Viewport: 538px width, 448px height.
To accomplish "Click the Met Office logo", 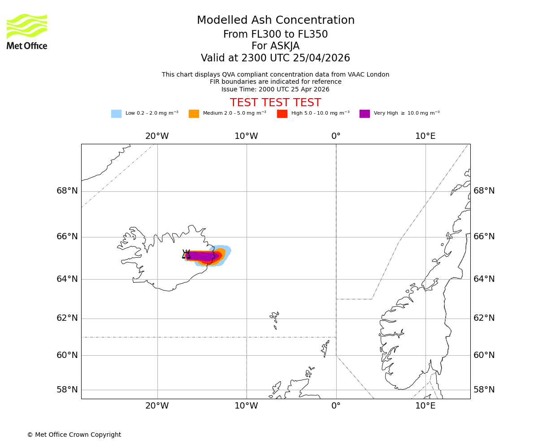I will (x=27, y=31).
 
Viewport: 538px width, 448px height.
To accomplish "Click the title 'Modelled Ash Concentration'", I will (x=275, y=21).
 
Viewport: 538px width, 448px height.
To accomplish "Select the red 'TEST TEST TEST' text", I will (x=275, y=103).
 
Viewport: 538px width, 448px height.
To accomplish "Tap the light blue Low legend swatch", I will (x=116, y=114).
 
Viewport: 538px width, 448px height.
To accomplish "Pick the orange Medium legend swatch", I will (x=194, y=114).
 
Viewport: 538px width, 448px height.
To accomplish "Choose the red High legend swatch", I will (x=282, y=114).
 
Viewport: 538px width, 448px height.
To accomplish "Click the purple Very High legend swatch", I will (x=364, y=114).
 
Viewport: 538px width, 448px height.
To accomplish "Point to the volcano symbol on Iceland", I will (x=186, y=254).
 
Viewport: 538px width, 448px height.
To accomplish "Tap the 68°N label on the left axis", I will (x=67, y=191).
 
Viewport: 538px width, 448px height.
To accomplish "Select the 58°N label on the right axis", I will (x=484, y=390).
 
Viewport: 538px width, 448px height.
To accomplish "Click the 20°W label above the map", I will (x=157, y=136).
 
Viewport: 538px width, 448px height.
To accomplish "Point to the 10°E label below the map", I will (x=425, y=406).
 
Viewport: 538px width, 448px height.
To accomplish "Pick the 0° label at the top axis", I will (x=336, y=136).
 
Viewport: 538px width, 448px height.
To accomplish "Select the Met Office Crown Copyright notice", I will (x=74, y=435).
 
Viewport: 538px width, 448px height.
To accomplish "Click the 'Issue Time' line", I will (x=275, y=90).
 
